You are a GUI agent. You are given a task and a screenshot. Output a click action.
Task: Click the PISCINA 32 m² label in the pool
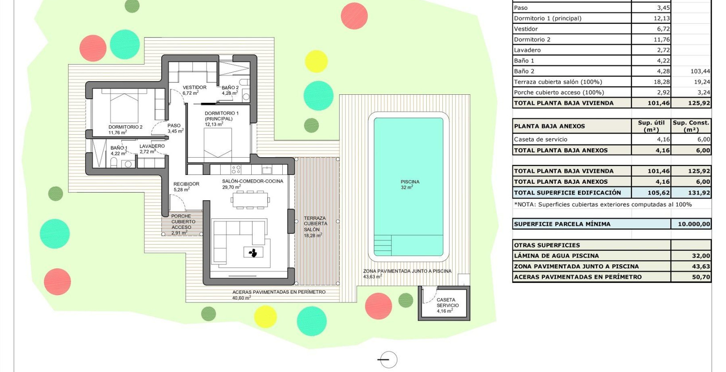tap(410, 185)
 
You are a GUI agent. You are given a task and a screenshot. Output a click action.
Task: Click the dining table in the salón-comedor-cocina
tap(250, 200)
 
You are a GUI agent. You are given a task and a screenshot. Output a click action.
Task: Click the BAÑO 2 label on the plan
tap(230, 90)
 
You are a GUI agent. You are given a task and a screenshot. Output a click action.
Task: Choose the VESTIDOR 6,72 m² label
tap(194, 90)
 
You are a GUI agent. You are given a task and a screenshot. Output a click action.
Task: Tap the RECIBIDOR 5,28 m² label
tap(186, 186)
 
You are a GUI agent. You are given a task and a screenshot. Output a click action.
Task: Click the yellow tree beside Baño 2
tap(316, 61)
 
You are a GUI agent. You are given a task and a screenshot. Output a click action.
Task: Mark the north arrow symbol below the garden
tap(388, 360)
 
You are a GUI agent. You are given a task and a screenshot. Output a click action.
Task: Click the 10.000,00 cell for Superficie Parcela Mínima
tap(693, 224)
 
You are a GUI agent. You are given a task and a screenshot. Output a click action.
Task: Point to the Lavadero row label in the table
tap(527, 50)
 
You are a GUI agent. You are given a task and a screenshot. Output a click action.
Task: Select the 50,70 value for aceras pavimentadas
tap(701, 277)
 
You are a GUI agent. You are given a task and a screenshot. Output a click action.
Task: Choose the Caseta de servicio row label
tap(540, 139)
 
